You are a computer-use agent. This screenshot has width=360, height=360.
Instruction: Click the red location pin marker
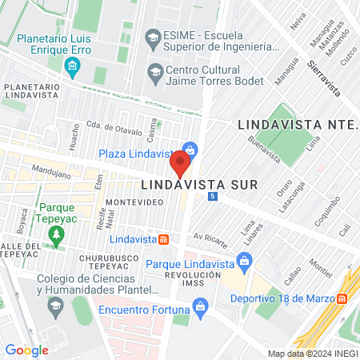tap(181, 166)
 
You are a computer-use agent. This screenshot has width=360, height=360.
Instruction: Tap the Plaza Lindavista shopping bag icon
tap(190, 149)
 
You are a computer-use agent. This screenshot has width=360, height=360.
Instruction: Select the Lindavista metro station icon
tap(164, 239)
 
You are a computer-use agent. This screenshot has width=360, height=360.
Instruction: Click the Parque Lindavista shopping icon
tap(245, 260)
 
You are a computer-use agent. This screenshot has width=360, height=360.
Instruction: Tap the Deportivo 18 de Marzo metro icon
tap(342, 298)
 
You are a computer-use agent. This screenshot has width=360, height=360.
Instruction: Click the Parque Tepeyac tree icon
tap(55, 235)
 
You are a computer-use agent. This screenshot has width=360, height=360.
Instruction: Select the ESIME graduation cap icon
tap(152, 37)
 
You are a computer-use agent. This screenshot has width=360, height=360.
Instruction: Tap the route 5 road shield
tap(212, 196)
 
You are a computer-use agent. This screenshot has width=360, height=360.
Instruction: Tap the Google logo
tap(26, 350)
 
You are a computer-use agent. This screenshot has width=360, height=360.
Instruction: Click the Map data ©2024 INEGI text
tap(312, 354)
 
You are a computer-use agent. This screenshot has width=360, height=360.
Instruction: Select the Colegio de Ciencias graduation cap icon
tap(54, 306)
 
